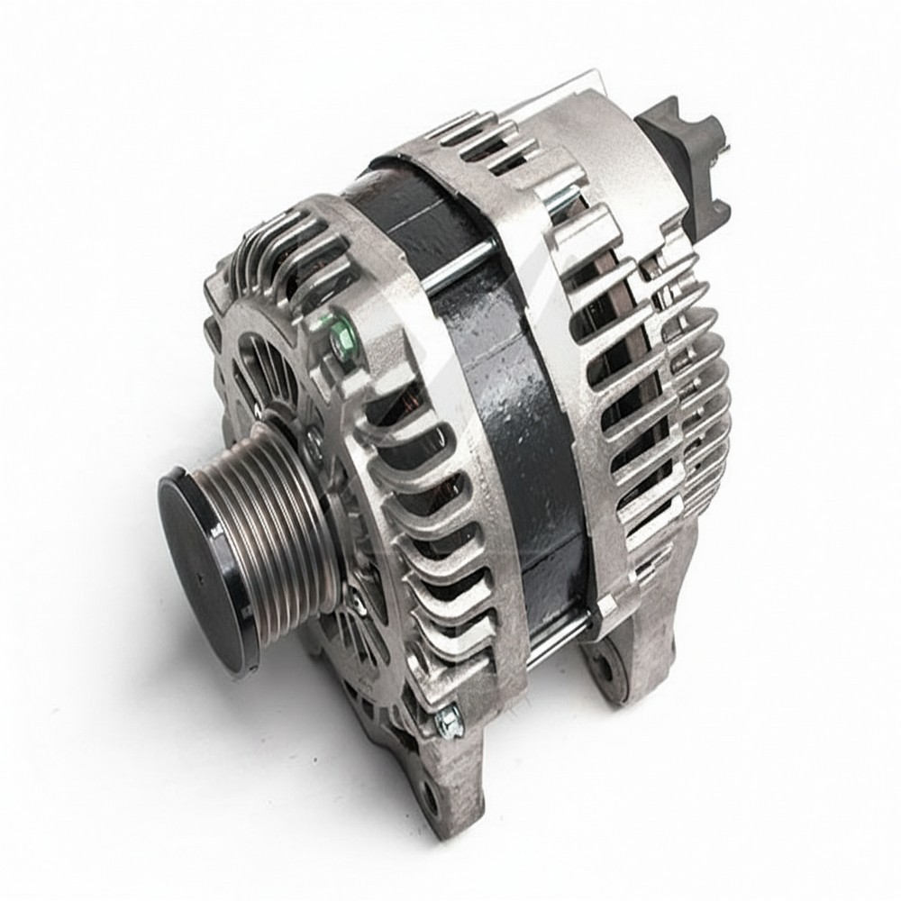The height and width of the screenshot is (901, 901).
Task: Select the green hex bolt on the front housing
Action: click(340, 330)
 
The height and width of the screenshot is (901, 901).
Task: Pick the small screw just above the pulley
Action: click(314, 439)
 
